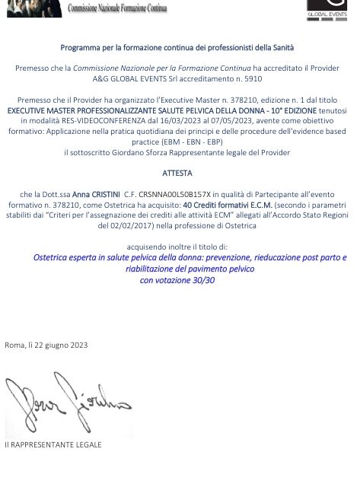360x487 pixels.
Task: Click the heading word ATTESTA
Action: tap(177, 173)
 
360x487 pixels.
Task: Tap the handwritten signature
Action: tap(65, 399)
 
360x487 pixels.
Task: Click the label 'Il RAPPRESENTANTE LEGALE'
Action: tap(53, 444)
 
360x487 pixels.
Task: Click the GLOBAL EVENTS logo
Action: tap(327, 9)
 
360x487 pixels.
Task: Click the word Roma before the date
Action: tap(14, 345)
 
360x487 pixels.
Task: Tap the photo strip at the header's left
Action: tap(30, 8)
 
